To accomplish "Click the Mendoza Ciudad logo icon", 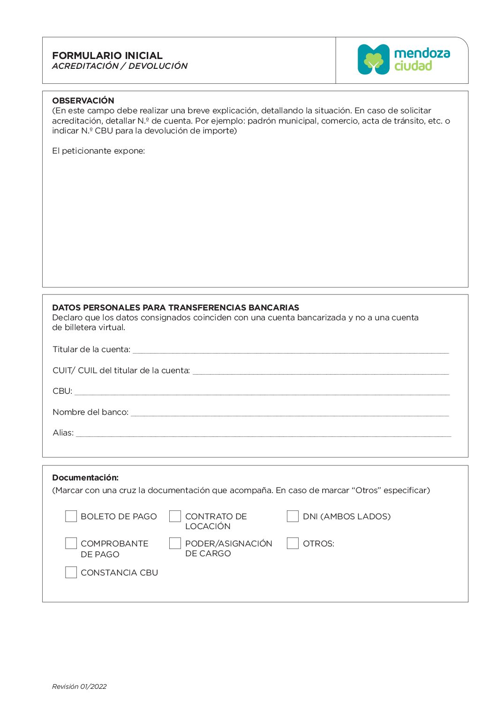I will click(374, 59).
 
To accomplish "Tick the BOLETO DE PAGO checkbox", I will click(71, 516).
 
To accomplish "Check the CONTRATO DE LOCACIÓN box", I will click(175, 516).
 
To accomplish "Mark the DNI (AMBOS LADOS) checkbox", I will click(293, 516).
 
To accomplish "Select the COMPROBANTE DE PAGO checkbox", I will click(71, 543).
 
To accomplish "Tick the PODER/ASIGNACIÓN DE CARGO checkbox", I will click(175, 543).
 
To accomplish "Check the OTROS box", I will click(293, 543).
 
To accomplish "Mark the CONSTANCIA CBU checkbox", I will click(71, 572).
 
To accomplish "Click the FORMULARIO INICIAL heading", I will click(107, 55).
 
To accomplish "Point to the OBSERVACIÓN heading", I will click(83, 101).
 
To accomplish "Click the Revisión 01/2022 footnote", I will click(79, 686).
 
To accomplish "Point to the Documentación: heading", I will click(85, 478).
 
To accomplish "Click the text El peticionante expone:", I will click(98, 151).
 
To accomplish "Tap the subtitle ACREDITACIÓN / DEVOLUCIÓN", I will click(120, 66).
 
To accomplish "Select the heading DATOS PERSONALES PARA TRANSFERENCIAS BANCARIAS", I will click(175, 308).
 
